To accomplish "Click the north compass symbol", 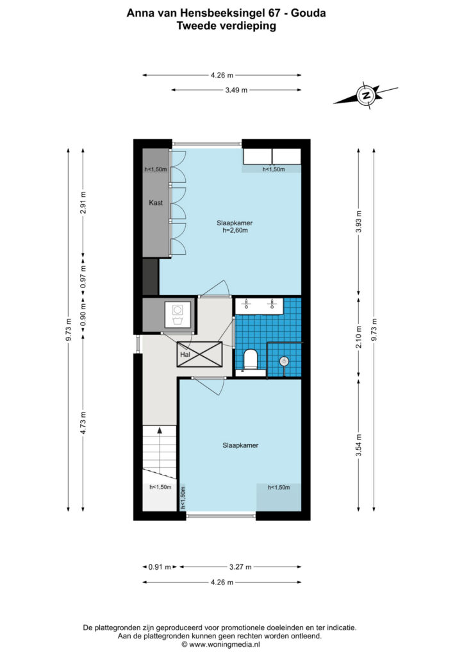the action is tap(366, 95).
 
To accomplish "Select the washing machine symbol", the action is tap(178, 315).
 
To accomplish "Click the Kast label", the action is tap(156, 203).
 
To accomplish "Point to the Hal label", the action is tap(185, 354).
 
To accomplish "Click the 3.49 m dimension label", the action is tap(236, 90).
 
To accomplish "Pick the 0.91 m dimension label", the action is tap(160, 567).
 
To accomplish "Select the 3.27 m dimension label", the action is tap(240, 567).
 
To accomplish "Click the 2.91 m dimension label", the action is tap(83, 202).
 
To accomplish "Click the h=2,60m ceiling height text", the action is tap(235, 230).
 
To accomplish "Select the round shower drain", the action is tap(284, 361).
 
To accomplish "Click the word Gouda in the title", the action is tap(308, 13).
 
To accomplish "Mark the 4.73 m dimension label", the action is tap(83, 423).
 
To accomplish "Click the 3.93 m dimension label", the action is tap(358, 221).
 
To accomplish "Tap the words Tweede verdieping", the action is tap(226, 26).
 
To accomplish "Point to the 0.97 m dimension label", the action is tap(83, 277).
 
